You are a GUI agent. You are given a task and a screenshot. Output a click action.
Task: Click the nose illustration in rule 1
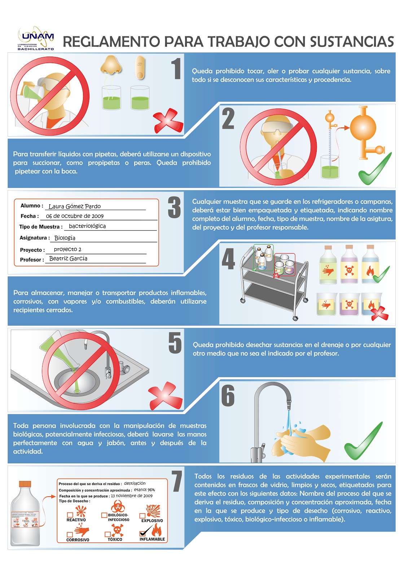(111, 65)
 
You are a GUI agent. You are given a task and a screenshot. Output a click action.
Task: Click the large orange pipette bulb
(363, 128)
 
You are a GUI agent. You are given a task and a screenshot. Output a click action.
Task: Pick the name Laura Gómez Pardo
(75, 206)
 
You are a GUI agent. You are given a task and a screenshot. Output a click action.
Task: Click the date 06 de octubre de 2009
(75, 216)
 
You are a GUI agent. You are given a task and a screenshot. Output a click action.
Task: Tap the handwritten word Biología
(65, 238)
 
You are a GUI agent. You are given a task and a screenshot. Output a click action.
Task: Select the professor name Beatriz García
(68, 259)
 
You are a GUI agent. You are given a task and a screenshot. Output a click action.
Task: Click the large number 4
(228, 259)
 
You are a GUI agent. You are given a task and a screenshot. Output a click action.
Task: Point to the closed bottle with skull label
(349, 265)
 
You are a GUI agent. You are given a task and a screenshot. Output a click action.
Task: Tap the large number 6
(228, 396)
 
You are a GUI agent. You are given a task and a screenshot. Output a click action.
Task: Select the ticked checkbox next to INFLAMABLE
(143, 533)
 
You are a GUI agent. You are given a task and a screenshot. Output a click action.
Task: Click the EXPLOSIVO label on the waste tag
(152, 521)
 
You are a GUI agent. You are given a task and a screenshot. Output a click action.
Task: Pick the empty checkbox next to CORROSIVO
(70, 534)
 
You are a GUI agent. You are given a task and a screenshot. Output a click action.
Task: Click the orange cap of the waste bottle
(25, 484)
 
